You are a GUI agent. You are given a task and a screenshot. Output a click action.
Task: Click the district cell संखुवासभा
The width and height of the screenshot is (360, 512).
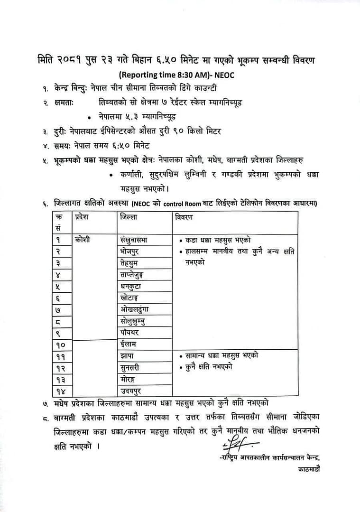(x=137, y=240)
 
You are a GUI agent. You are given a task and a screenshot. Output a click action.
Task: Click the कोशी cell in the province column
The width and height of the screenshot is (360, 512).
(x=83, y=240)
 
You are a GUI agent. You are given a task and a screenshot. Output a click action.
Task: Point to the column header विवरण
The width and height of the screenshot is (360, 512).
(x=185, y=217)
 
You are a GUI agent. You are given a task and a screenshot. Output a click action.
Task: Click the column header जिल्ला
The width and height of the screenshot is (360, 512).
(x=129, y=217)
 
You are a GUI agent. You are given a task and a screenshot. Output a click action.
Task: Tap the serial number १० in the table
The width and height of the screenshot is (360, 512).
(x=61, y=344)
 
